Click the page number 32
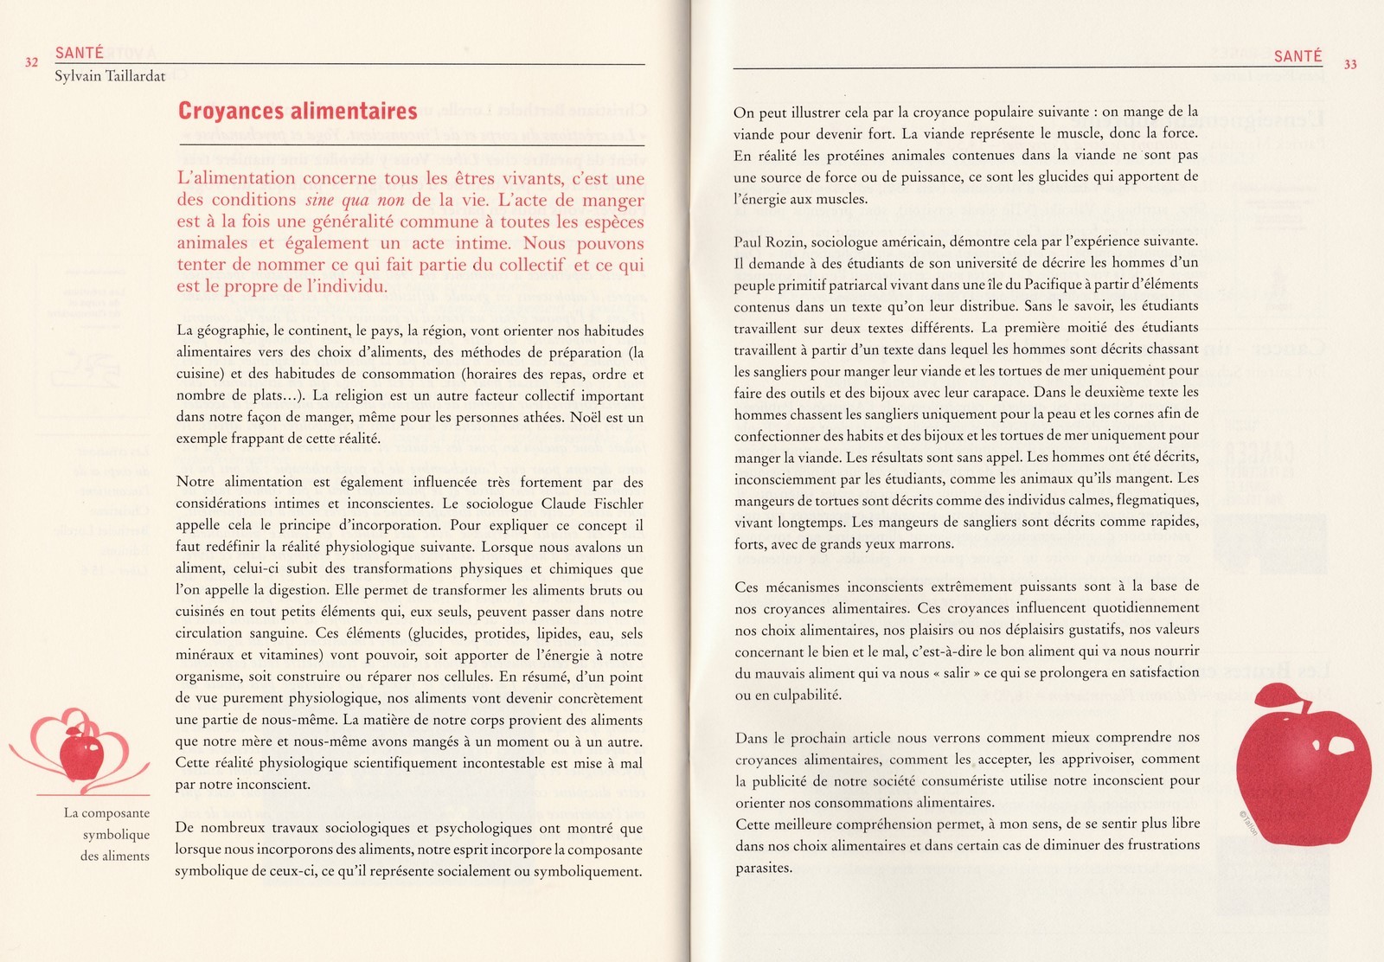coord(32,62)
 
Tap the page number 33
coord(1350,64)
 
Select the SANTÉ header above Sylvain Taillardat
coord(80,53)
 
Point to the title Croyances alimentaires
coord(298,112)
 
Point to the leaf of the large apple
coord(1283,695)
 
